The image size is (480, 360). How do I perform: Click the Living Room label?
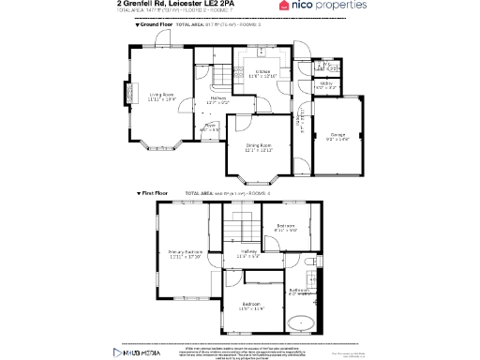point(162,96)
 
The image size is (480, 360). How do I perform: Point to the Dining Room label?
point(259,146)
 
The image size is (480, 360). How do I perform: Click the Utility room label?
point(326,84)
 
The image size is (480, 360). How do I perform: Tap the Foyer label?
point(211,126)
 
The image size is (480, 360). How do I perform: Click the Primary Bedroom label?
point(185,254)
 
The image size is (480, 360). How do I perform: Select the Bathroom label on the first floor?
point(299,292)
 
